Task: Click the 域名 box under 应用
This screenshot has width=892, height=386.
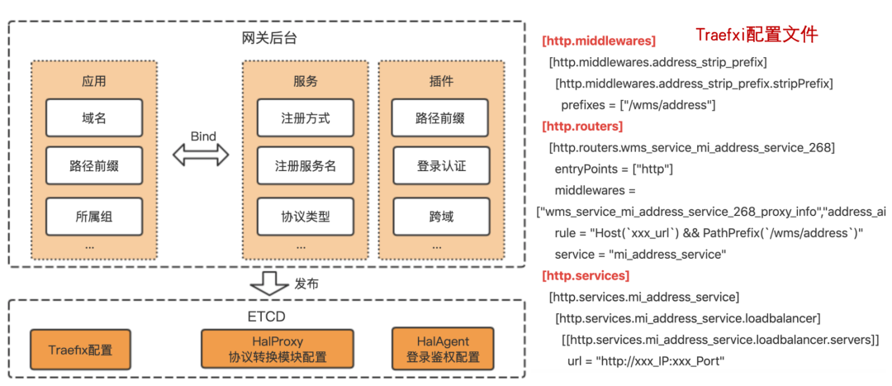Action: pyautogui.click(x=94, y=118)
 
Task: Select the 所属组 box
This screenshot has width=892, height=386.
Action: pyautogui.click(x=94, y=217)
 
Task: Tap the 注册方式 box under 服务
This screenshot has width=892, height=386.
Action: pyautogui.click(x=306, y=118)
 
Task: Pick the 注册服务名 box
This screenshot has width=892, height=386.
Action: pyautogui.click(x=306, y=166)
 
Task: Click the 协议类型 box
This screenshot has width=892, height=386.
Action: pyautogui.click(x=306, y=217)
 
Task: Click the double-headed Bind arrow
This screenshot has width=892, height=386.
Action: pyautogui.click(x=200, y=155)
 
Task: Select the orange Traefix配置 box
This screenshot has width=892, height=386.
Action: pyautogui.click(x=82, y=350)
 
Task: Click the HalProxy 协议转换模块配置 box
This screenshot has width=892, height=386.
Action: pyautogui.click(x=278, y=349)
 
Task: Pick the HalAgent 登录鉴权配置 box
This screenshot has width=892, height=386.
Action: pyautogui.click(x=443, y=349)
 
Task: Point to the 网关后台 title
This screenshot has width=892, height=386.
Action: pyautogui.click(x=267, y=38)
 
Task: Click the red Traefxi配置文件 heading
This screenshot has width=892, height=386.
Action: pyautogui.click(x=756, y=35)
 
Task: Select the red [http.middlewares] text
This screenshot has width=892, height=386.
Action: pyautogui.click(x=598, y=41)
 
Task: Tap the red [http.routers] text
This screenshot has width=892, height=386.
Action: pyautogui.click(x=582, y=126)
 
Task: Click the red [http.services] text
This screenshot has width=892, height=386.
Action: pyautogui.click(x=586, y=275)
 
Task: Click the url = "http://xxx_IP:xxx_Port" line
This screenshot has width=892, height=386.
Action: pyautogui.click(x=645, y=360)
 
